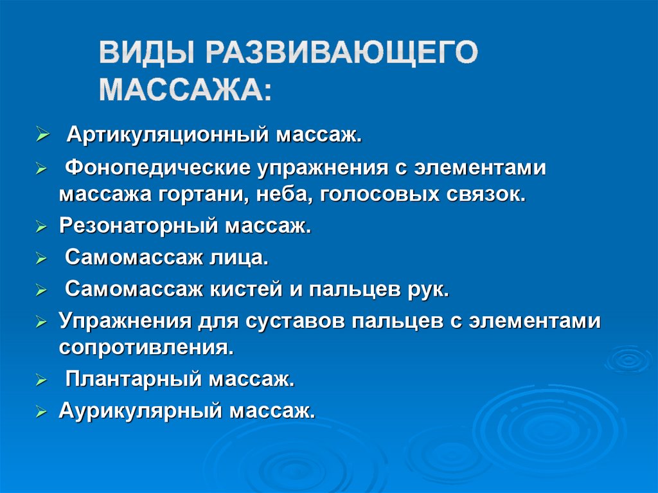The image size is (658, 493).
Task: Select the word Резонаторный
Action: pos(140,226)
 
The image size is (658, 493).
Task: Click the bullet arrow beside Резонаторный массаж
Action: pos(41,227)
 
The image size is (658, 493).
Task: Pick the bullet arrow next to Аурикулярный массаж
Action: pos(41,411)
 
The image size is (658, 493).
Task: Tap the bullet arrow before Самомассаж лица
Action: pos(41,259)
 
